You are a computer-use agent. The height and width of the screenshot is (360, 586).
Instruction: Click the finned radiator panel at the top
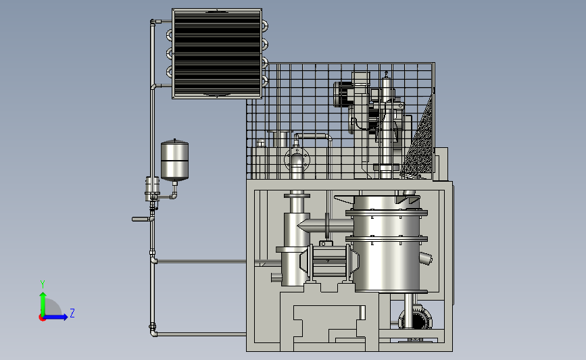pyautogui.click(x=217, y=53)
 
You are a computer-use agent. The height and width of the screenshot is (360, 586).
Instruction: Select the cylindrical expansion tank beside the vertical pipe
pyautogui.click(x=174, y=160)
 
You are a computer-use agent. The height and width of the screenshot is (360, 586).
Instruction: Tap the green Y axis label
pyautogui.click(x=43, y=284)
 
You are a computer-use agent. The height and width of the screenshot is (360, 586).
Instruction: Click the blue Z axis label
pyautogui.click(x=72, y=313)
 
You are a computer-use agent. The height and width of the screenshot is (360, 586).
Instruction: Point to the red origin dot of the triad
pyautogui.click(x=42, y=318)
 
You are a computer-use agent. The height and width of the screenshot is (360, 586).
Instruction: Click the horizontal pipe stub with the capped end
pyautogui.click(x=142, y=220)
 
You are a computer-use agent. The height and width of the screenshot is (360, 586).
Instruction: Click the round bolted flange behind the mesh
pyautogui.click(x=297, y=159)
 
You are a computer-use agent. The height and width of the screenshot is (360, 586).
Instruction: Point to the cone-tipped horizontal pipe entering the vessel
pyautogui.click(x=325, y=226)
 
